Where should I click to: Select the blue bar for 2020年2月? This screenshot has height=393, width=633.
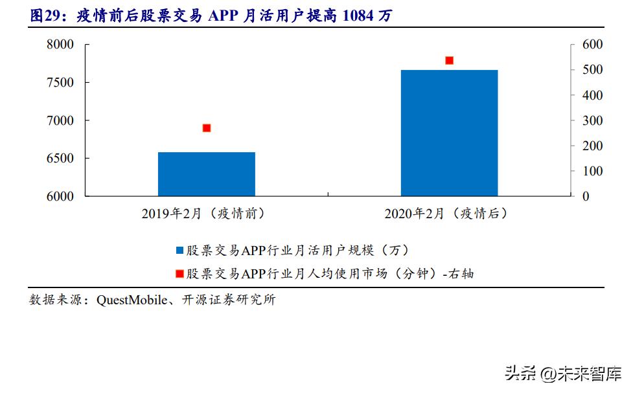[x=449, y=132]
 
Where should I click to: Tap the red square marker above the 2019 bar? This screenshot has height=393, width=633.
[x=207, y=128]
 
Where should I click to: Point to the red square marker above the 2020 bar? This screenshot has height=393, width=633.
[x=449, y=60]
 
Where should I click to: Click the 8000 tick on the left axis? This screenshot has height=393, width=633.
[x=60, y=45]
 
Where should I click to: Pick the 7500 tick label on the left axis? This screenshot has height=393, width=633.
[x=60, y=82]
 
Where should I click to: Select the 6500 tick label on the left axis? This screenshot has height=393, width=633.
[x=60, y=159]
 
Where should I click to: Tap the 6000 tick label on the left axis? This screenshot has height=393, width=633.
[x=60, y=196]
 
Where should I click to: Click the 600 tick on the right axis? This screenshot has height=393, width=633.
[x=592, y=45]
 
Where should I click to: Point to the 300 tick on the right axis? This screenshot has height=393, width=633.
[x=592, y=120]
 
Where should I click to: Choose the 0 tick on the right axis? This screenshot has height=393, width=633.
[x=586, y=196]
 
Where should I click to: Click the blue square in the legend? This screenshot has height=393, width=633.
[x=179, y=251]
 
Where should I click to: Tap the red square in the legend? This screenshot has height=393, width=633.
[x=179, y=274]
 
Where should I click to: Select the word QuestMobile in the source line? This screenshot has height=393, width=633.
[x=128, y=300]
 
